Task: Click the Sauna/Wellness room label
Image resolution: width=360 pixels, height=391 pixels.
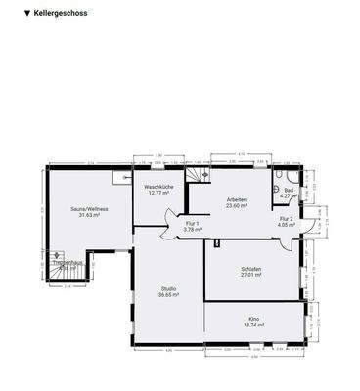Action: click(x=89, y=209)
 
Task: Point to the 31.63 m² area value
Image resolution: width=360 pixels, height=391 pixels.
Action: click(x=89, y=216)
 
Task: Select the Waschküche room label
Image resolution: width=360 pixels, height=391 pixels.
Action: click(x=159, y=186)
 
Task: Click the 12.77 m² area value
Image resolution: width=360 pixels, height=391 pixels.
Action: click(x=159, y=193)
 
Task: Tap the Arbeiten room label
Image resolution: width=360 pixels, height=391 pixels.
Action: click(x=236, y=199)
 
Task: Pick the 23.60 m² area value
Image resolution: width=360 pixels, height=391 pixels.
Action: click(x=236, y=206)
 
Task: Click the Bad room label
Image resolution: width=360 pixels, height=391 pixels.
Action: click(x=289, y=190)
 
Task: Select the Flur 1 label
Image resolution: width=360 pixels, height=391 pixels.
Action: click(x=193, y=224)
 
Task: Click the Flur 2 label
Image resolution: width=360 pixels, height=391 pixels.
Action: click(x=286, y=219)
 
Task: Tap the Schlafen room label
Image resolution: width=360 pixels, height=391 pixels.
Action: click(x=251, y=269)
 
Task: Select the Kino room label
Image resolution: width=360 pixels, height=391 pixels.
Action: click(x=253, y=319)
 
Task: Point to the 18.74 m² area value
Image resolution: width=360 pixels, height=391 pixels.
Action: click(x=253, y=326)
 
